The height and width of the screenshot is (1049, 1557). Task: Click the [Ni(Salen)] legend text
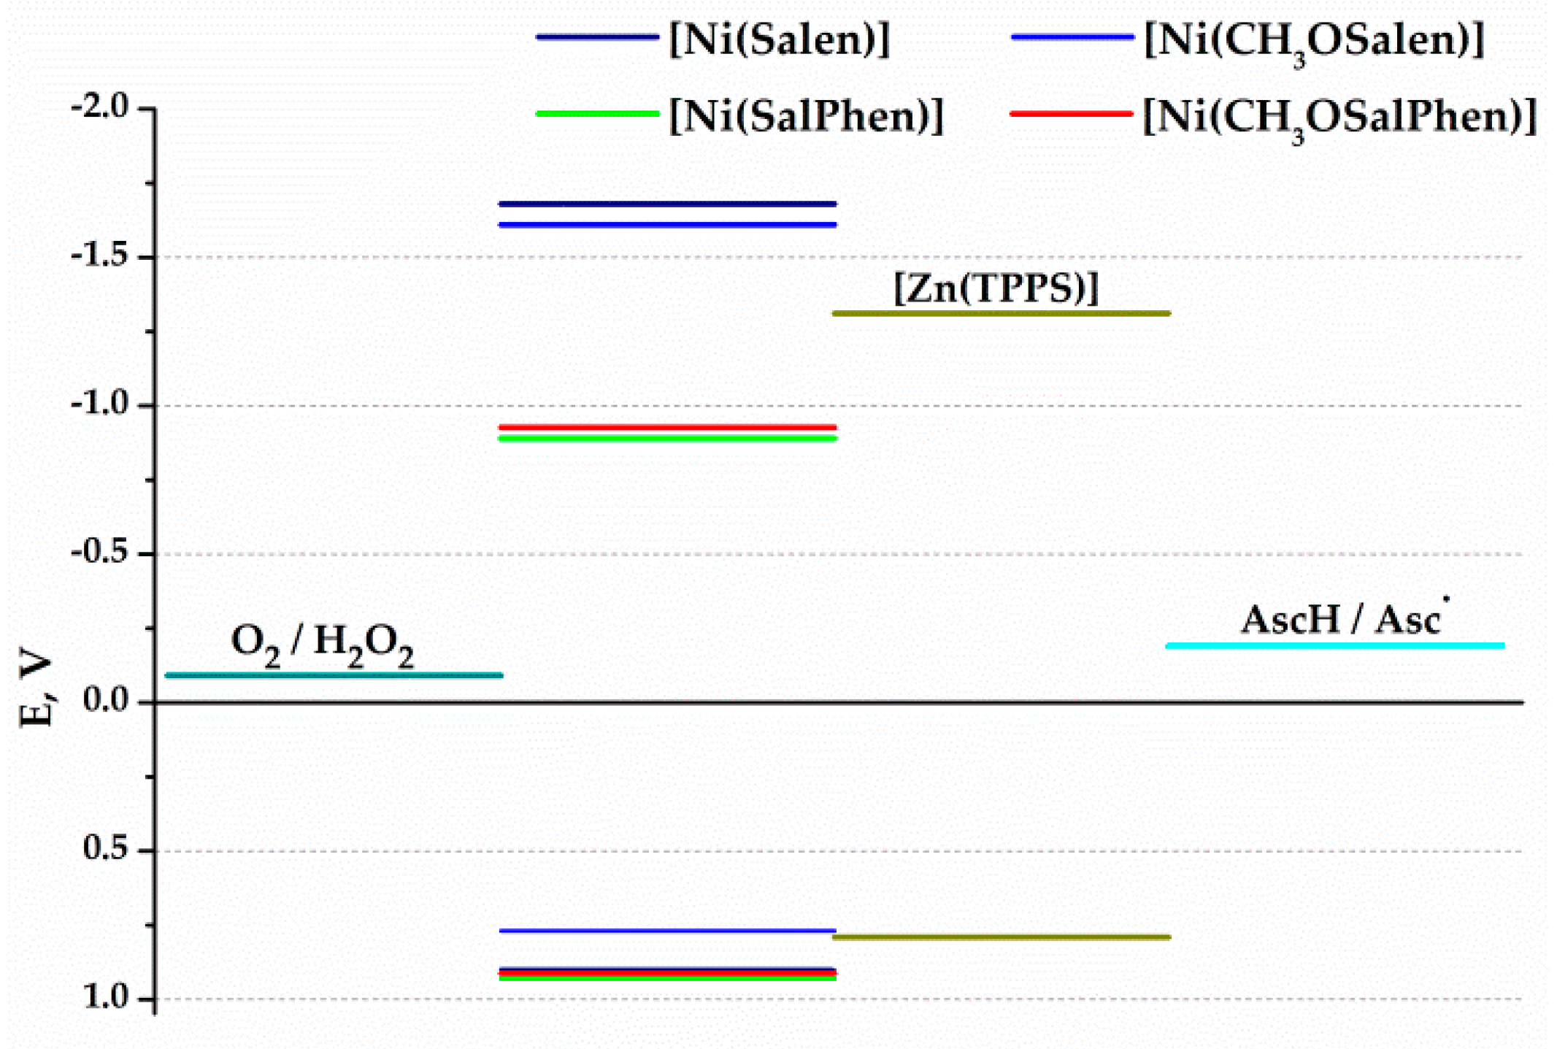click(x=779, y=39)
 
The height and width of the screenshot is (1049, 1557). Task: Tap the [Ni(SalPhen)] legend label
click(x=806, y=116)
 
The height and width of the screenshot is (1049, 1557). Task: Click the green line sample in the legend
click(x=597, y=114)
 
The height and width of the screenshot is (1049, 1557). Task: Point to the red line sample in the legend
click(x=1071, y=114)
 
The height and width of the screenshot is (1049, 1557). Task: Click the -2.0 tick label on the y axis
click(x=100, y=107)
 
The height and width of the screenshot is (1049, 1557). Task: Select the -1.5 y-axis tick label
click(x=100, y=256)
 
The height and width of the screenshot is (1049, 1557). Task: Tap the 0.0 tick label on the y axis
click(x=106, y=700)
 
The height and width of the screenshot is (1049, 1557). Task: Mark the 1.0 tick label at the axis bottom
click(x=106, y=997)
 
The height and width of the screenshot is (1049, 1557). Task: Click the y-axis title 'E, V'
click(x=36, y=691)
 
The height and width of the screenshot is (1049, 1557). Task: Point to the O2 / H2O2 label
click(x=322, y=645)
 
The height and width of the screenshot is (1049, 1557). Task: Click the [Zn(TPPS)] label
click(x=996, y=288)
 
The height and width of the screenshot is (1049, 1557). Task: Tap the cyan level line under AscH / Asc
click(x=1334, y=645)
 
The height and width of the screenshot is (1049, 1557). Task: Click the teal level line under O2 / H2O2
click(x=334, y=675)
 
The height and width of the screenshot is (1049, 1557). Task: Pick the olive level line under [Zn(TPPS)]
click(x=1001, y=314)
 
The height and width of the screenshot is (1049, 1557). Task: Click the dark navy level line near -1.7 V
click(x=667, y=204)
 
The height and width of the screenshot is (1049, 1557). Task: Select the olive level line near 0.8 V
click(x=1001, y=937)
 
